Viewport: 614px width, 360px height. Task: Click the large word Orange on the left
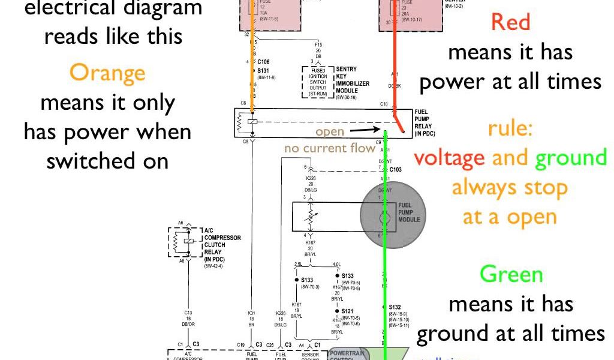tap(107, 73)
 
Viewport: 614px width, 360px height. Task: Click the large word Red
tap(510, 22)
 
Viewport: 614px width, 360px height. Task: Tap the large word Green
tap(511, 274)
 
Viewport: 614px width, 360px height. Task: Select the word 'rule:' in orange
tap(510, 128)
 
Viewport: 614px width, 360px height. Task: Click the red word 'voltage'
tap(449, 157)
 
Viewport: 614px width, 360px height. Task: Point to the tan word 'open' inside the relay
tap(330, 131)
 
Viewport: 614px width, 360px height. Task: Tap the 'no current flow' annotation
tap(330, 148)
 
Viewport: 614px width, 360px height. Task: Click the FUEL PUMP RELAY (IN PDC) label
tap(429, 122)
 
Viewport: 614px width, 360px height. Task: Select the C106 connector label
tap(263, 61)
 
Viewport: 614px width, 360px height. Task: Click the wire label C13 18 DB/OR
tap(188, 318)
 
